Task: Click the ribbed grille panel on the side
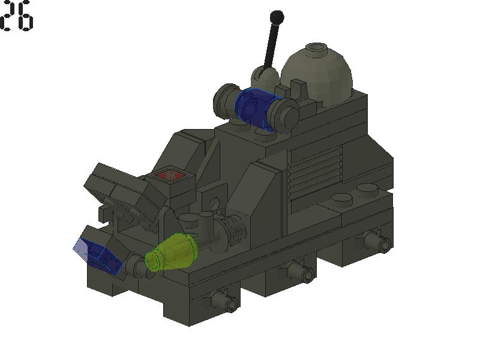315,170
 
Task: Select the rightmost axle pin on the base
380,242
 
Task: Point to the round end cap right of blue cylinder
286,112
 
